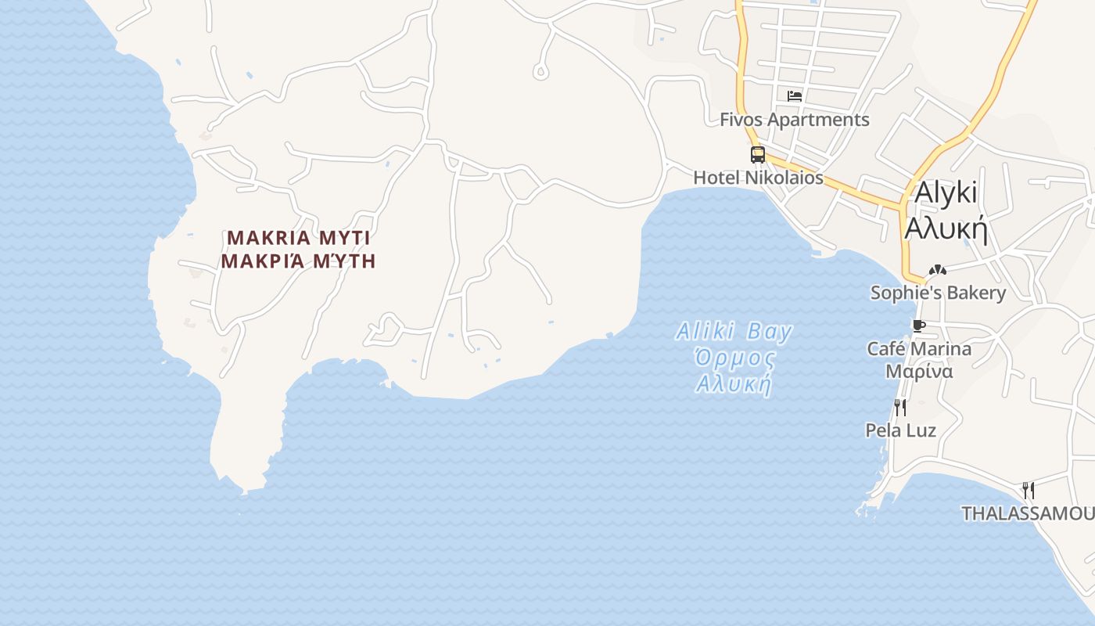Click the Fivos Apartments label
795,120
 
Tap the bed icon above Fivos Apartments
795,96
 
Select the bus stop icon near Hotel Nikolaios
757,154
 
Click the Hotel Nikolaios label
758,178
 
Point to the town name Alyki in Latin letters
946,192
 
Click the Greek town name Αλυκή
946,229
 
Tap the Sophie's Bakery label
938,293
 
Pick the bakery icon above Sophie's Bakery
937,270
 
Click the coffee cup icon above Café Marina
919,326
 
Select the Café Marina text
919,349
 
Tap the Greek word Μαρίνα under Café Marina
919,371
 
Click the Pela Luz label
900,430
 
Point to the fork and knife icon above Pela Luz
900,407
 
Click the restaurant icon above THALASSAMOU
1029,491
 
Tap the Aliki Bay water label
734,331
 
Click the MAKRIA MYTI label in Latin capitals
298,237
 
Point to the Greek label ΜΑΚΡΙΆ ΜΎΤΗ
298,261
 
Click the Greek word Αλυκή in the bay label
734,385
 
